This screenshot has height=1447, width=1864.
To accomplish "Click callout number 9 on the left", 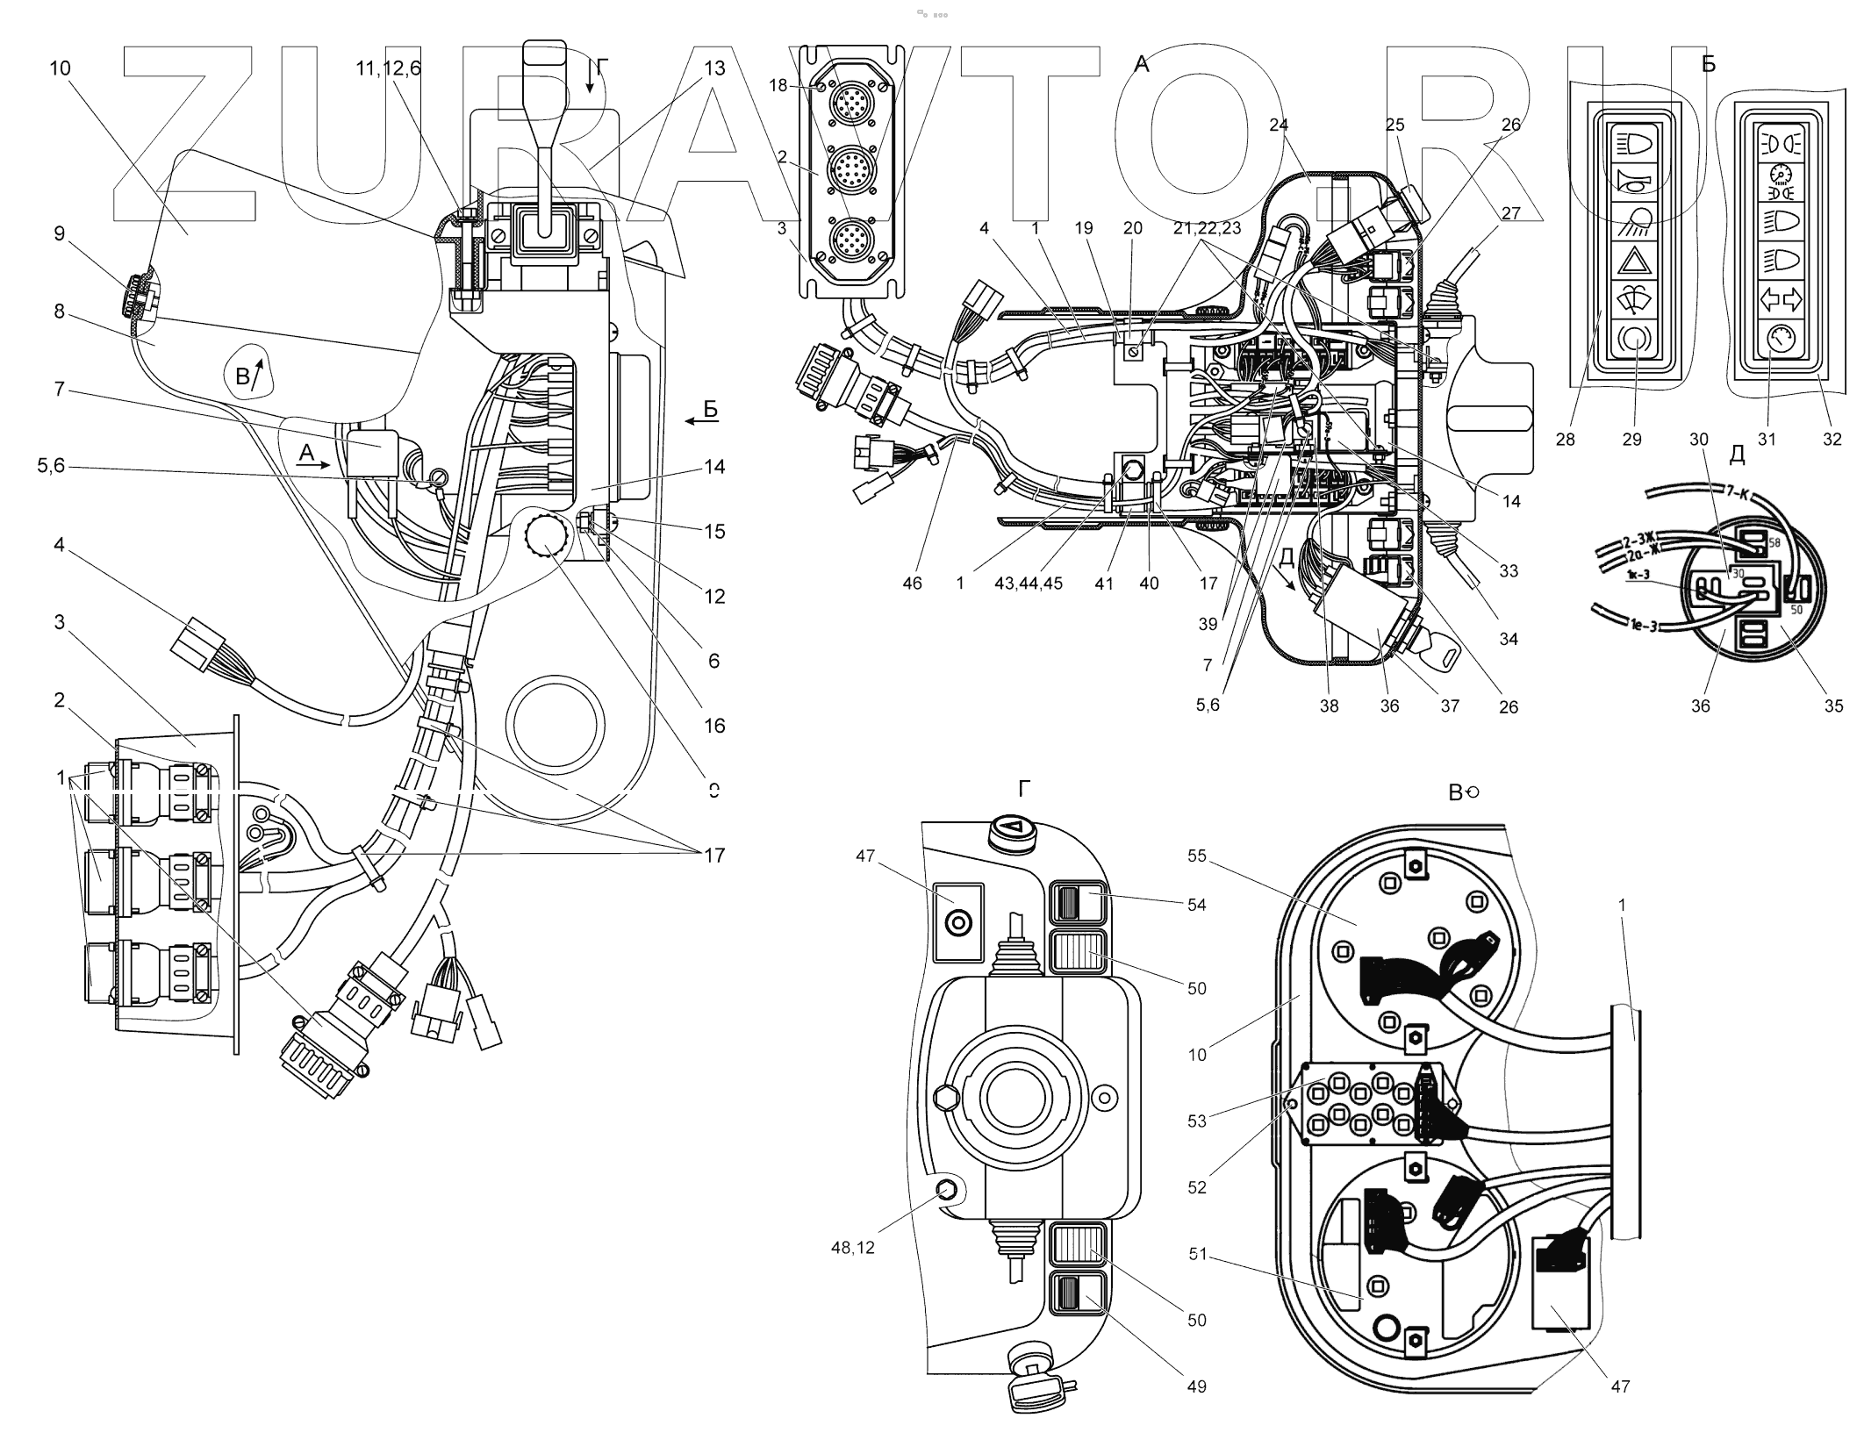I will coord(59,233).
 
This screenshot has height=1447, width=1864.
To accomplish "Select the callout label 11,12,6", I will coord(388,68).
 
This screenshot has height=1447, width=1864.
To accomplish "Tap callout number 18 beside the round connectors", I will coord(778,85).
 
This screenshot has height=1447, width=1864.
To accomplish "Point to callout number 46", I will coord(912,583).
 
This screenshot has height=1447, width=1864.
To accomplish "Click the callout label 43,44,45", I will coord(1028,583).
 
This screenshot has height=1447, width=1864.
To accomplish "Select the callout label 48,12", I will coord(852,1247).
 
